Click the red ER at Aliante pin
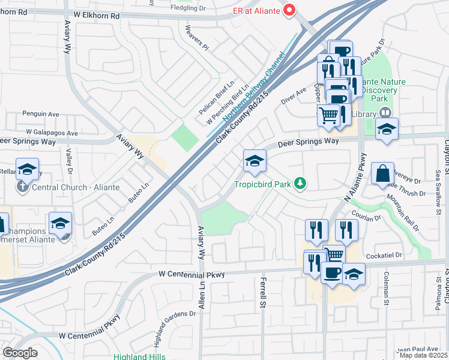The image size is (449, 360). coord(291,10)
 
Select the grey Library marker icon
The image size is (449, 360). coord(385,113)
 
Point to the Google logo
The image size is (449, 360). coord(20,353)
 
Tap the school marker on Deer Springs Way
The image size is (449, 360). coord(255,161)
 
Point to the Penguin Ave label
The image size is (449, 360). coord(41,113)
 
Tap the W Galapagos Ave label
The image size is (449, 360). coord(52,133)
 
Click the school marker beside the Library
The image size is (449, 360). coord(387,129)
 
